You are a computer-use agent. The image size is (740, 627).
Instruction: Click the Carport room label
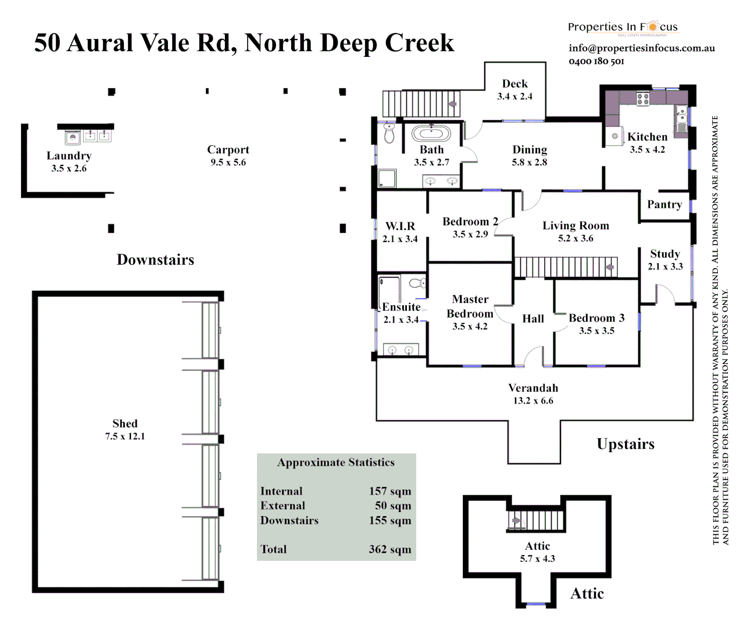click(228, 150)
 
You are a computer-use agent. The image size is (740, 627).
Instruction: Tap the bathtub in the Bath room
click(431, 134)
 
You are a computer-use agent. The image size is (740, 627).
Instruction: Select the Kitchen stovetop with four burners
click(642, 99)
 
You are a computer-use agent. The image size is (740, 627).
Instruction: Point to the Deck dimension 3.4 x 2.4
click(514, 96)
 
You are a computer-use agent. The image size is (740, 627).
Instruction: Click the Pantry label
click(664, 204)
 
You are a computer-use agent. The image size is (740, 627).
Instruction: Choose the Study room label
click(665, 254)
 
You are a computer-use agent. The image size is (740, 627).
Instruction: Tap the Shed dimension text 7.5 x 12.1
click(125, 436)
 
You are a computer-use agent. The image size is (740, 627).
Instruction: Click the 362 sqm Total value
click(389, 549)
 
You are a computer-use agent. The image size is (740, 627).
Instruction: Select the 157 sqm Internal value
click(389, 491)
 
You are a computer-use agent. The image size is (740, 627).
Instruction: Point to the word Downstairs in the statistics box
click(289, 520)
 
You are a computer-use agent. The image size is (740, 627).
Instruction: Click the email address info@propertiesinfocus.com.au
click(642, 48)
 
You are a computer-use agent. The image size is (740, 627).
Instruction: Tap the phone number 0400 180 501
click(596, 61)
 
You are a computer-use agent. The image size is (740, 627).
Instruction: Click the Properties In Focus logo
click(623, 27)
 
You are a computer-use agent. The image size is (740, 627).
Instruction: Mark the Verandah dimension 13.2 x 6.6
click(533, 401)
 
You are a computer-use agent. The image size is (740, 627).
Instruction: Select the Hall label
click(533, 319)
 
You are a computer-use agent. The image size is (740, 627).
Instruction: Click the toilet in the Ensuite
click(417, 283)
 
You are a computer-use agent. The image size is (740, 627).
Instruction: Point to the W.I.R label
click(401, 226)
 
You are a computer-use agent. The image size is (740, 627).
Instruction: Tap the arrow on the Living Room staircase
click(610, 268)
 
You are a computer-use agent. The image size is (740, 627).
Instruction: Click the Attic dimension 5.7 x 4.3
click(537, 558)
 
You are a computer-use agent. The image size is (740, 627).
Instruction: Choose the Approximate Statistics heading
click(335, 463)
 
